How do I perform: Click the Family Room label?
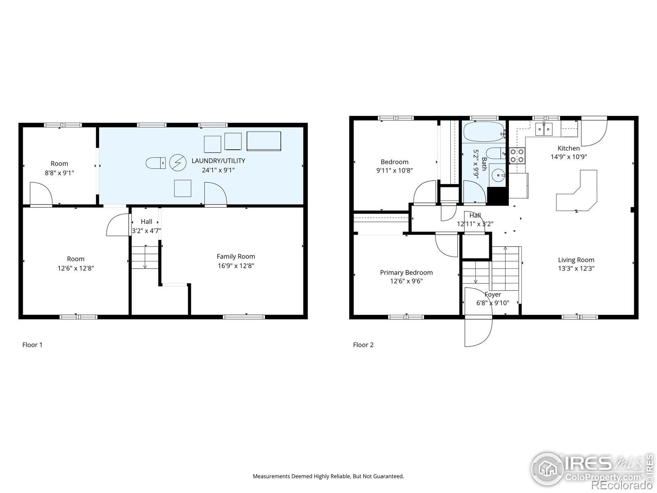pyautogui.click(x=236, y=256)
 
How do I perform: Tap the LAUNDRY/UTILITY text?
pyautogui.click(x=218, y=161)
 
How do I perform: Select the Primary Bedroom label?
pyautogui.click(x=406, y=273)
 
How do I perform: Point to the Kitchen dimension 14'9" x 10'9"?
pyautogui.click(x=568, y=157)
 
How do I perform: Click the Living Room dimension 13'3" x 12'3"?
pyautogui.click(x=576, y=268)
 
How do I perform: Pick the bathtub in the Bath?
pyautogui.click(x=484, y=132)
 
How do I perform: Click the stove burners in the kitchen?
pyautogui.click(x=517, y=155)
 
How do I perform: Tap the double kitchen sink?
pyautogui.click(x=544, y=129)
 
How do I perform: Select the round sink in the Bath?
pyautogui.click(x=498, y=175)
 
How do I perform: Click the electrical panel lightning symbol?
pyautogui.click(x=177, y=163)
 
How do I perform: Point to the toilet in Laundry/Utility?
pyautogui.click(x=156, y=163)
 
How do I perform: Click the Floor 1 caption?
pyautogui.click(x=32, y=345)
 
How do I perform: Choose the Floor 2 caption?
pyautogui.click(x=363, y=345)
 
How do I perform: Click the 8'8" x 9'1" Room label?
pyautogui.click(x=59, y=168)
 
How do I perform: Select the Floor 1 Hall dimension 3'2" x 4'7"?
pyautogui.click(x=146, y=231)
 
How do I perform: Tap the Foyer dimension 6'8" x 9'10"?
pyautogui.click(x=493, y=303)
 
